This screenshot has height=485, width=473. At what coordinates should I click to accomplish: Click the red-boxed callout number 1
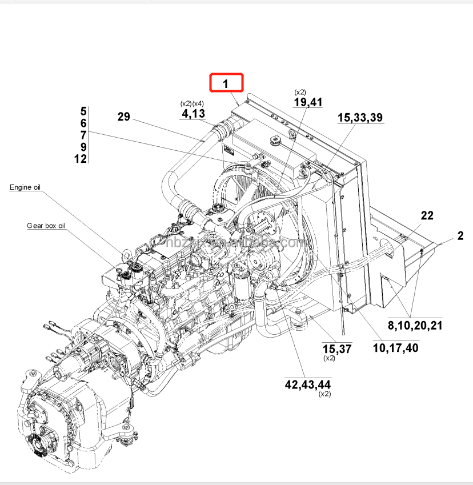[226, 83]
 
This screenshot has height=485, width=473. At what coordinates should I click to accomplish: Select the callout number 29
[124, 117]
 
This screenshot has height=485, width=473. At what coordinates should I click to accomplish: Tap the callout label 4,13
[193, 114]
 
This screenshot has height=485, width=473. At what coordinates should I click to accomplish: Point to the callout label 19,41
[308, 102]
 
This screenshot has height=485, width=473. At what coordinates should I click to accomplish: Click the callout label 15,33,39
[360, 117]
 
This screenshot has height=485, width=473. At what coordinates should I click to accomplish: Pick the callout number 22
[427, 215]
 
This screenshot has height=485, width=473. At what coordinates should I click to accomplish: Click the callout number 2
[460, 235]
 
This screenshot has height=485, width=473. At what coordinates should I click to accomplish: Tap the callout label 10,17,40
[395, 347]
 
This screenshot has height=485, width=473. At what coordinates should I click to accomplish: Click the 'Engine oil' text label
[25, 187]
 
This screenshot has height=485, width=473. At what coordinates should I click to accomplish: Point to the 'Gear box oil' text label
[46, 226]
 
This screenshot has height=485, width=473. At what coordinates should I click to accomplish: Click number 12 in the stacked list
[81, 159]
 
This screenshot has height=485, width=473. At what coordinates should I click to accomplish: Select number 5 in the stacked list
[83, 111]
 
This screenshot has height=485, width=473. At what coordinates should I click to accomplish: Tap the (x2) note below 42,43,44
[324, 394]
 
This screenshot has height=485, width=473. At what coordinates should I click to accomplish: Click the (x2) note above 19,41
[300, 92]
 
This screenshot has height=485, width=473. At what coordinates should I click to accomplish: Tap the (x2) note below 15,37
[330, 358]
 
